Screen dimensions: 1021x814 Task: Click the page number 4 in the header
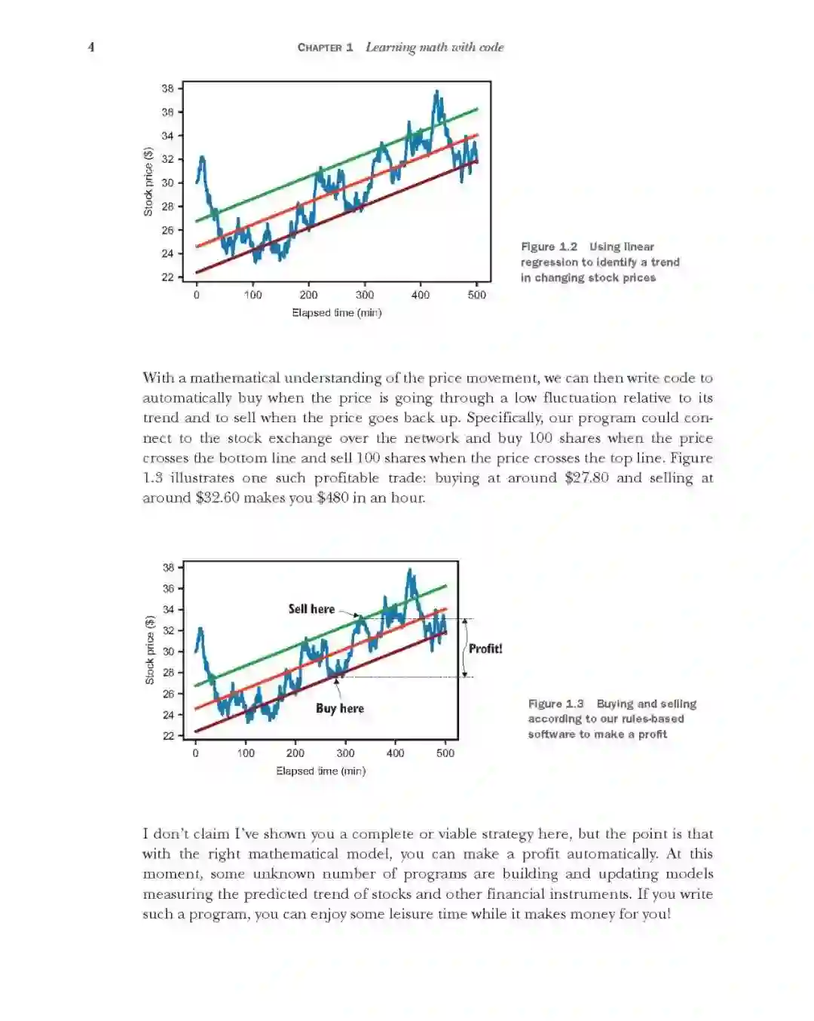click(91, 47)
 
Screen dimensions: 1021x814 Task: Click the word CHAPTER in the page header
click(320, 48)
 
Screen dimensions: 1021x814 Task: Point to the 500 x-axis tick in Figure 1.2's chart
click(476, 295)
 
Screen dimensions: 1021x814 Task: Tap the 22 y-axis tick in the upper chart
click(167, 277)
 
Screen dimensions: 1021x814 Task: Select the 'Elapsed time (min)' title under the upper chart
click(337, 313)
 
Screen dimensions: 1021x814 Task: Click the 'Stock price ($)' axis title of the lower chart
click(149, 650)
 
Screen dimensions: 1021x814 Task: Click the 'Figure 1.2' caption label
click(549, 247)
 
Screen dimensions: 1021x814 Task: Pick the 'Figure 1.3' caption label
click(555, 704)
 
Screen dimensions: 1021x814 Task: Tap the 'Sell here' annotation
click(311, 609)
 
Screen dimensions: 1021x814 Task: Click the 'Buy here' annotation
click(340, 708)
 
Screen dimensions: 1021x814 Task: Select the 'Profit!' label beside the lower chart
click(485, 648)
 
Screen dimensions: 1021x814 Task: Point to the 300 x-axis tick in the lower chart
click(345, 753)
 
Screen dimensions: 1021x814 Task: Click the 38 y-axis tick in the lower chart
click(168, 567)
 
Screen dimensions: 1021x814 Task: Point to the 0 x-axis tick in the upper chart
click(197, 295)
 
